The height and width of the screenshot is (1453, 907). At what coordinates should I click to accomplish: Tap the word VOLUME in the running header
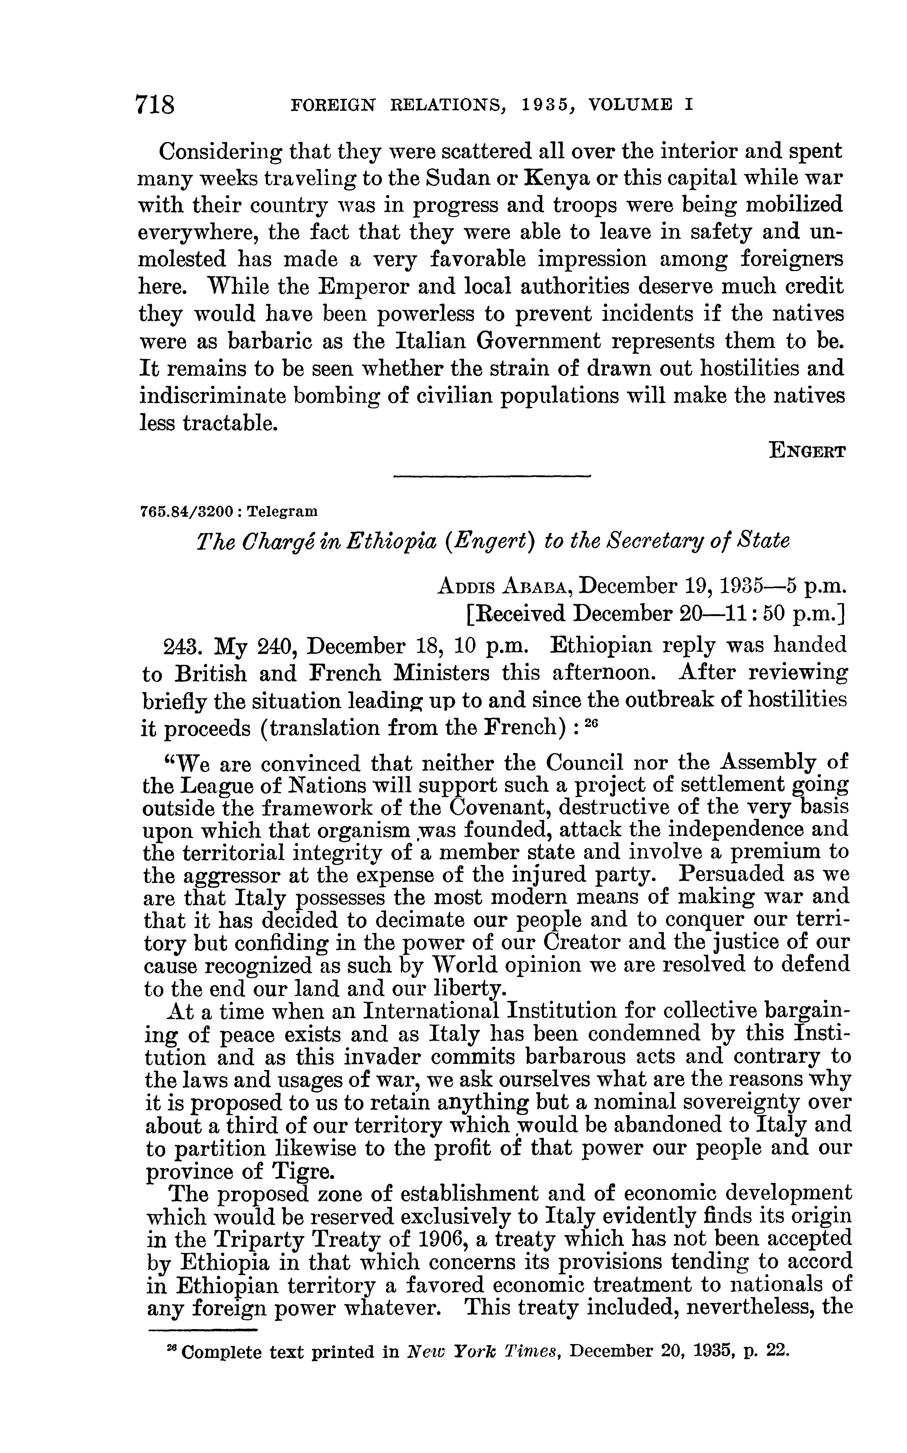pyautogui.click(x=630, y=105)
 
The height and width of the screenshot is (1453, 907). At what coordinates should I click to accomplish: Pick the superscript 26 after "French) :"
pyautogui.click(x=591, y=724)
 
